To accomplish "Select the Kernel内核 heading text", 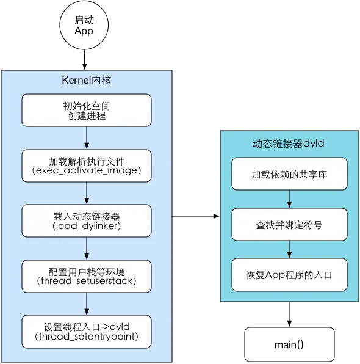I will coord(87,80).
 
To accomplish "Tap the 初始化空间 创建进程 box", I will coord(87,111).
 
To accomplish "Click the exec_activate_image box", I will coord(87,166).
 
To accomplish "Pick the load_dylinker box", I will coord(87,222).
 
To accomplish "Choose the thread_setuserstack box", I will coord(87,277).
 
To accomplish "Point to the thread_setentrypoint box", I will coord(87,331).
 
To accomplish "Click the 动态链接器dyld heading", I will coord(288,144).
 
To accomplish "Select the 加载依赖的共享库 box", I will coord(289,174).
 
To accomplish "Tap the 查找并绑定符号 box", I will coord(289,224).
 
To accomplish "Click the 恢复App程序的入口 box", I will coord(289,274).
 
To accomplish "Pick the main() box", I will coord(289,344).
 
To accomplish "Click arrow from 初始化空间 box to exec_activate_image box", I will coord(87,138).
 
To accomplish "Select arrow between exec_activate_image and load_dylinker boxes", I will coord(87,194).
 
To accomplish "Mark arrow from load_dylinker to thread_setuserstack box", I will coord(87,249).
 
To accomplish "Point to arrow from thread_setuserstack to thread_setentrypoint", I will coord(87,304).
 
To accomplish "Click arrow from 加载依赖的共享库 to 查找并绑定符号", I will coord(289,199).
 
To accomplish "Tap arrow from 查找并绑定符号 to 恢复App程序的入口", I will coord(289,249).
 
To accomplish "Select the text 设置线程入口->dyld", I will coord(87,326).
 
